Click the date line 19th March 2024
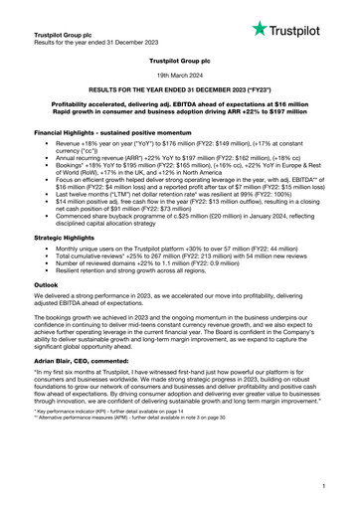coord(180,74)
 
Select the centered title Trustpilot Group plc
coord(180,59)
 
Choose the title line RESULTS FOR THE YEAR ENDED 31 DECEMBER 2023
coord(180,88)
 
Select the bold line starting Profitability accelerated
coord(180,103)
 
